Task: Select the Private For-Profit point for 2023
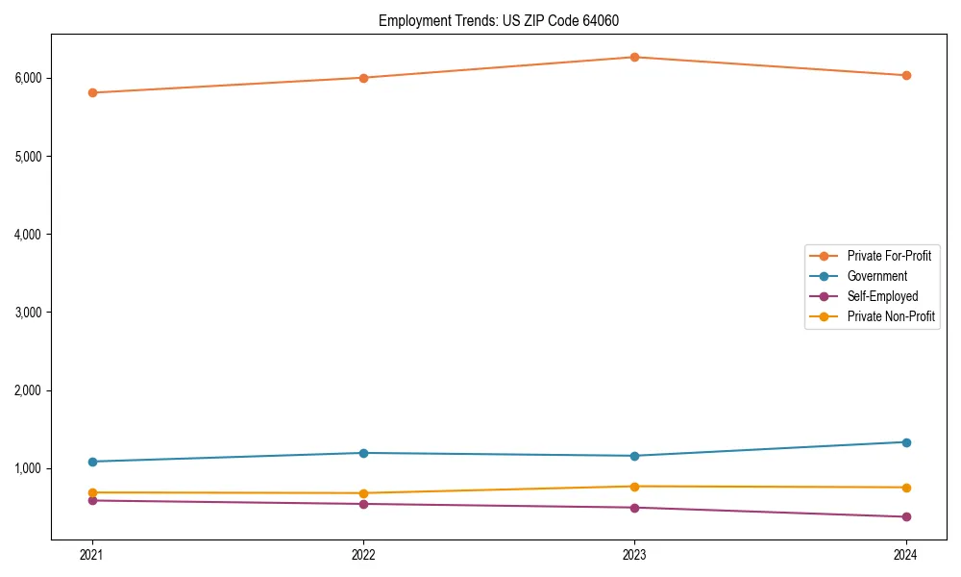[634, 57]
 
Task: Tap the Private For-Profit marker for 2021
[92, 92]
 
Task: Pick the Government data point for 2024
[905, 442]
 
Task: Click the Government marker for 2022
[363, 453]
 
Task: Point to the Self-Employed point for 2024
[905, 516]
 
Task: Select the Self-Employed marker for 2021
[92, 500]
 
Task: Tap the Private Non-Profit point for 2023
[634, 487]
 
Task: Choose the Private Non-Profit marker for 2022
[363, 493]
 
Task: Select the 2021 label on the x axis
[92, 554]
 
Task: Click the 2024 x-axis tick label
[905, 554]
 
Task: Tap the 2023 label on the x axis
[634, 554]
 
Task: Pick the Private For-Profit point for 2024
[905, 75]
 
